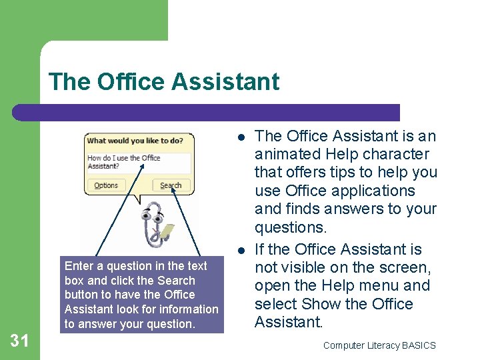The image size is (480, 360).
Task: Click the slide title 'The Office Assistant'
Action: pyautogui.click(x=164, y=82)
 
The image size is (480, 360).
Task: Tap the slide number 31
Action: pyautogui.click(x=20, y=341)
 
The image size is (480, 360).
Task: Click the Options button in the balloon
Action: pyautogui.click(x=106, y=185)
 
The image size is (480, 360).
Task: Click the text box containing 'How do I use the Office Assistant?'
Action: pyautogui.click(x=139, y=162)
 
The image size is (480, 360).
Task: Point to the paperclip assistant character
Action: pyautogui.click(x=149, y=227)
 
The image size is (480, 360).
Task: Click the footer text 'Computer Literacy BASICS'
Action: pyautogui.click(x=379, y=345)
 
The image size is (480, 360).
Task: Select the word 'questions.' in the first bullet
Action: pyautogui.click(x=291, y=227)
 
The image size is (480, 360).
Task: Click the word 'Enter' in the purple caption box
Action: pyautogui.click(x=79, y=266)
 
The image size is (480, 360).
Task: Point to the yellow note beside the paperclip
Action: pyautogui.click(x=168, y=231)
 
